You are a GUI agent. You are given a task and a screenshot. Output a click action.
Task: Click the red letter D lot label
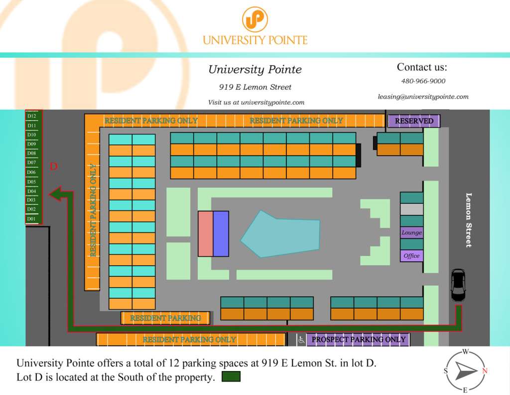pyautogui.click(x=54, y=167)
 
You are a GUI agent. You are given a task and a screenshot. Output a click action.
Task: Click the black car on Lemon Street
pyautogui.click(x=458, y=285)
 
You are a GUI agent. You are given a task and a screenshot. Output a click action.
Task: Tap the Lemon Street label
pyautogui.click(x=468, y=219)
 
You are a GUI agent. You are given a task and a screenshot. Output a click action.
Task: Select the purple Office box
pyautogui.click(x=411, y=256)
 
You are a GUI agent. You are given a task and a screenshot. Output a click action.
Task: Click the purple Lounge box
pyautogui.click(x=411, y=232)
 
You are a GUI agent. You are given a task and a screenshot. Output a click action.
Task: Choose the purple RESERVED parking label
pyautogui.click(x=414, y=121)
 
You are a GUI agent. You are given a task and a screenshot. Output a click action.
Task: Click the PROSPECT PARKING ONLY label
pyautogui.click(x=358, y=340)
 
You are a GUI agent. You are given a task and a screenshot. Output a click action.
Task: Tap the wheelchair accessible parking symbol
pyautogui.click(x=301, y=340)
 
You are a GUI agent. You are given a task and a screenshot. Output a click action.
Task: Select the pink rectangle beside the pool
pyautogui.click(x=205, y=234)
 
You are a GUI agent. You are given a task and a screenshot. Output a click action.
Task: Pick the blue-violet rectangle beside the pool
pyautogui.click(x=221, y=234)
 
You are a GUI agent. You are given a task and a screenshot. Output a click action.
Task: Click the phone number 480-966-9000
pyautogui.click(x=423, y=81)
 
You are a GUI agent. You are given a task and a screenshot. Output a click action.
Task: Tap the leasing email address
pyautogui.click(x=423, y=97)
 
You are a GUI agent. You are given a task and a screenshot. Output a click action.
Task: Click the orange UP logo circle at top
pyautogui.click(x=255, y=19)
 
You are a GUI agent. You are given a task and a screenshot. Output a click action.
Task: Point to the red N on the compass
pyautogui.click(x=485, y=371)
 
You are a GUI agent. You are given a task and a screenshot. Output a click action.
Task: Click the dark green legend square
pyautogui.click(x=231, y=377)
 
